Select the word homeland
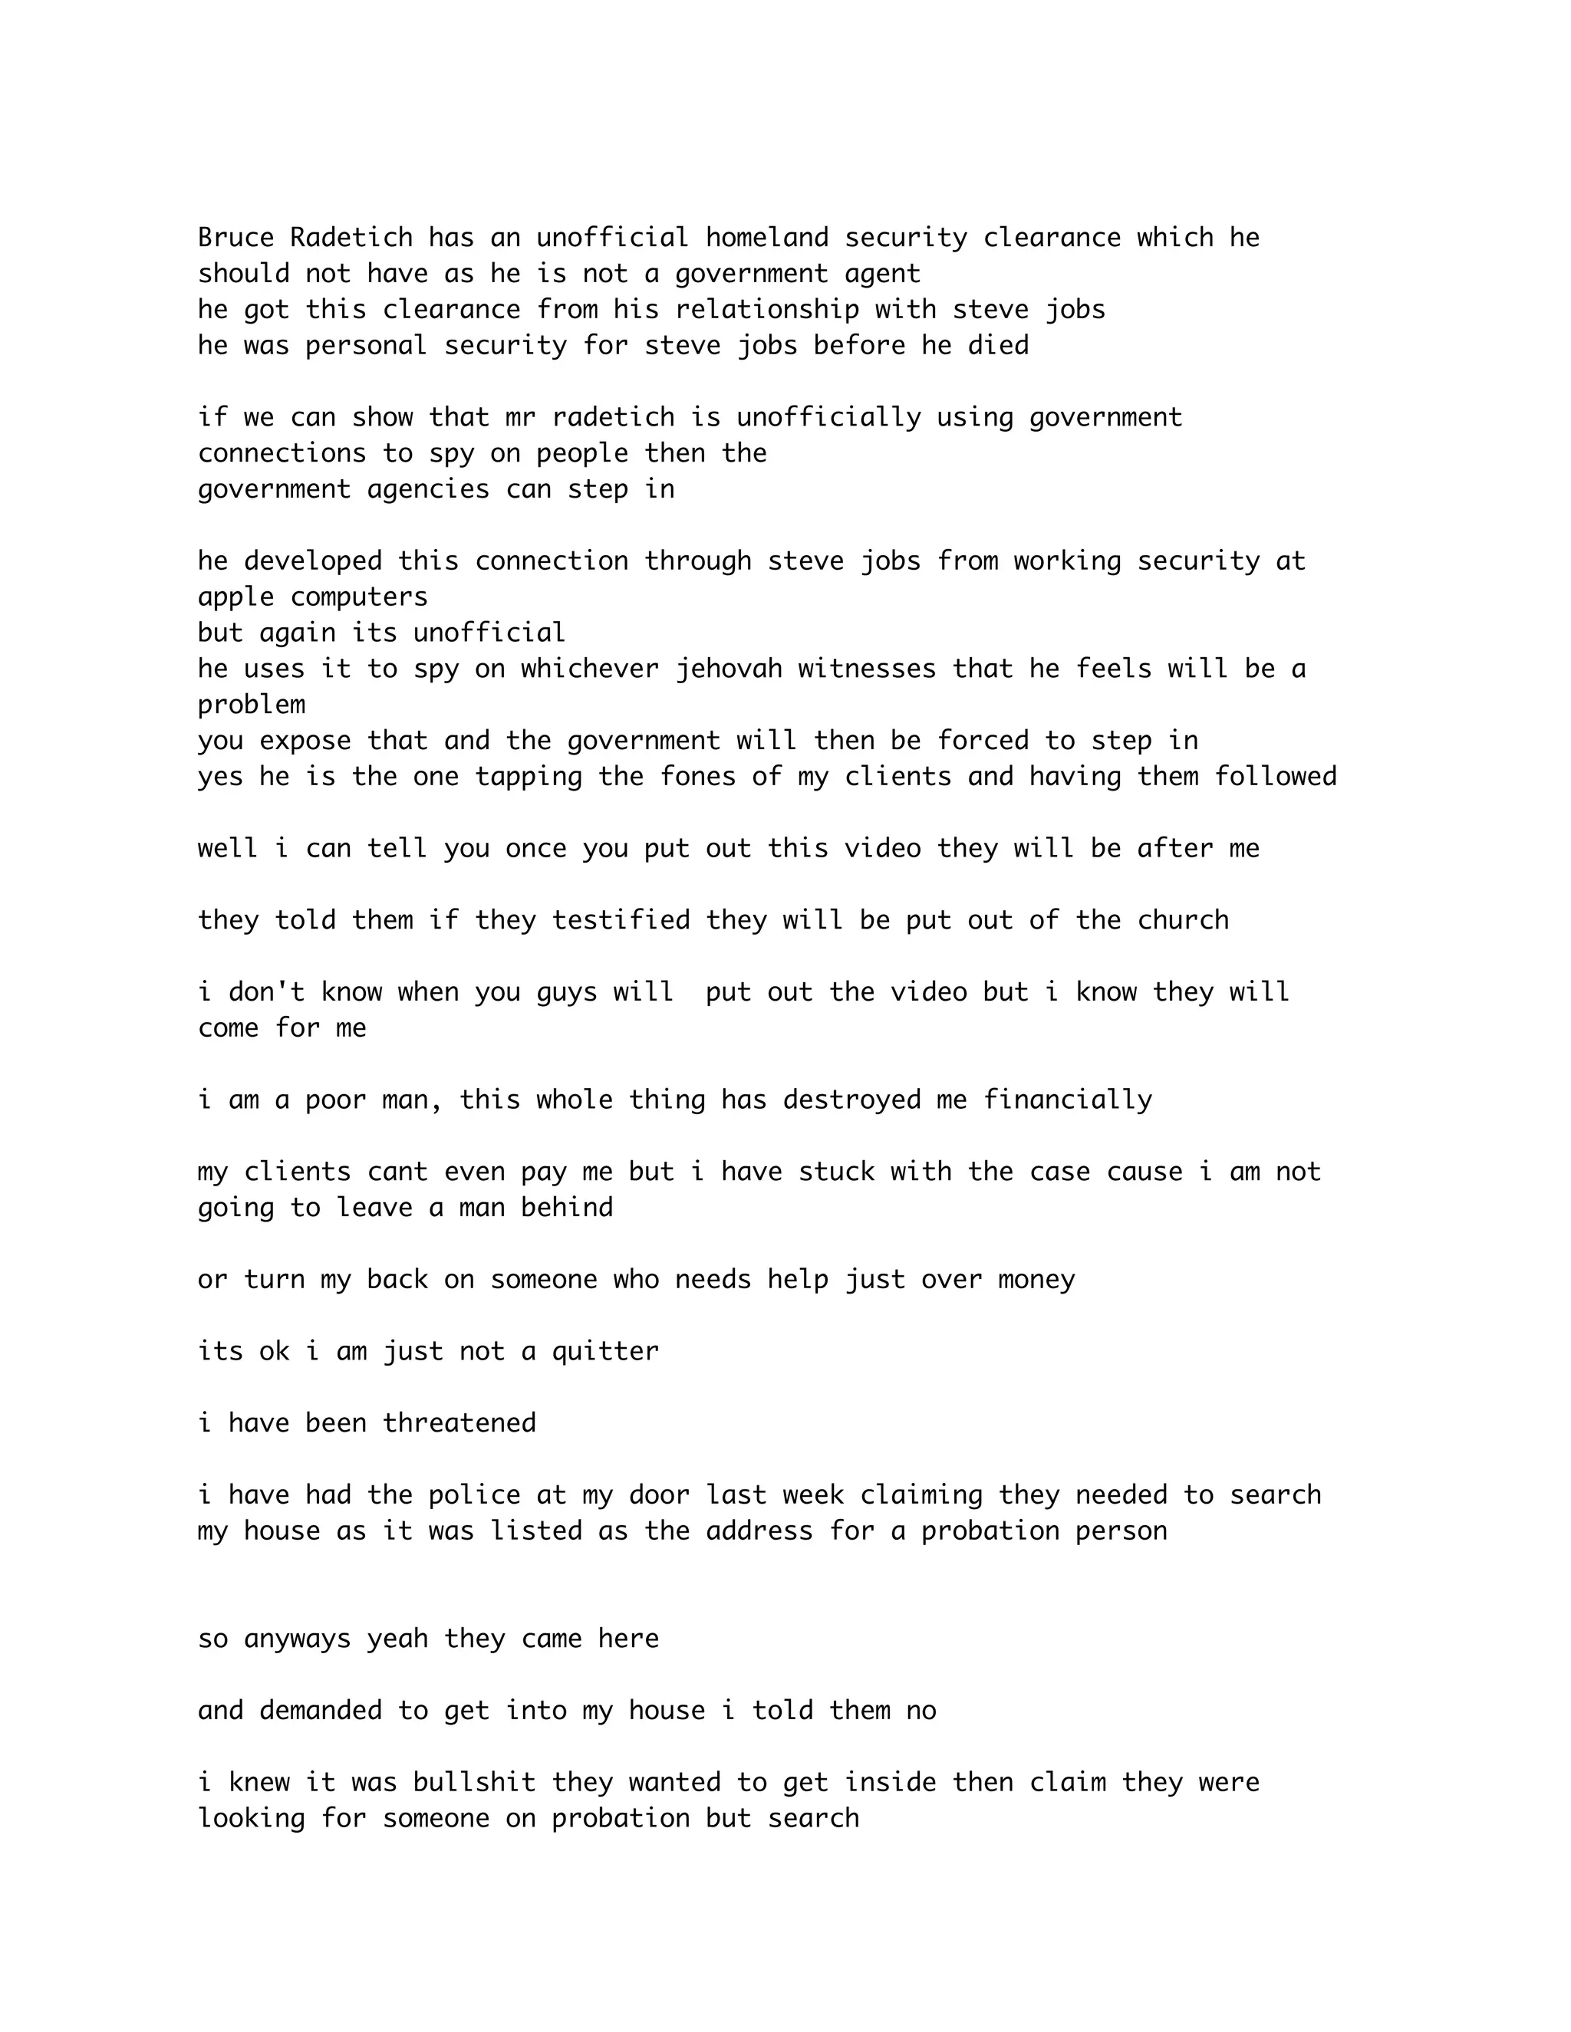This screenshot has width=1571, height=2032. point(766,238)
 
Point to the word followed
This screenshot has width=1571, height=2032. point(1275,777)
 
